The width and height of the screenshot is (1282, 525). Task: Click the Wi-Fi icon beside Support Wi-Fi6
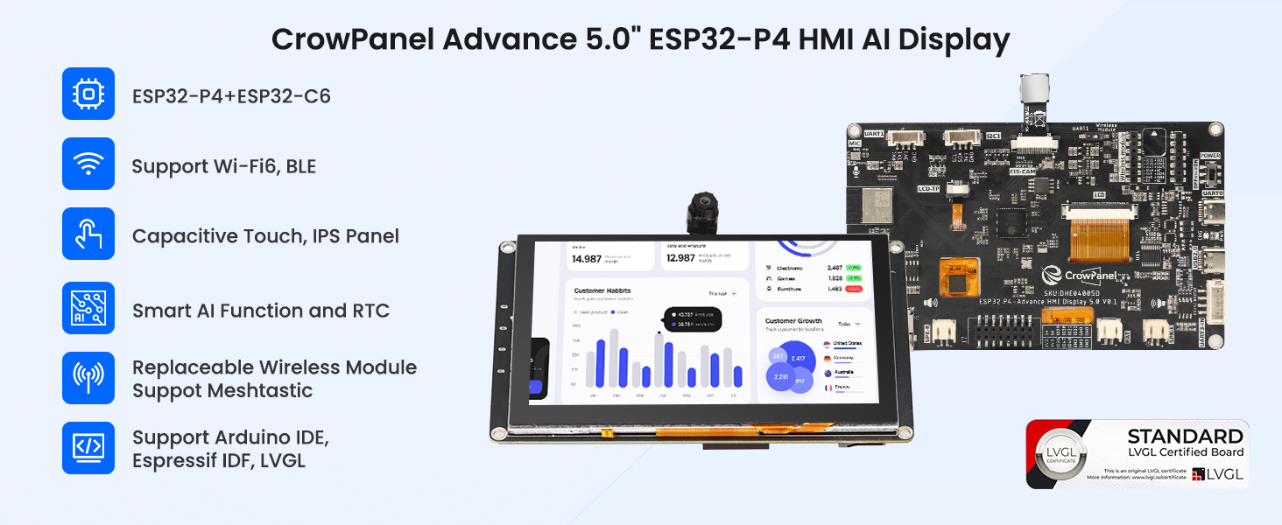(x=88, y=164)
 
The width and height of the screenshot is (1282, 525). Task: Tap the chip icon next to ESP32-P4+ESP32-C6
(x=88, y=94)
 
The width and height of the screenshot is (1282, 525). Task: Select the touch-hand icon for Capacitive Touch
(x=88, y=234)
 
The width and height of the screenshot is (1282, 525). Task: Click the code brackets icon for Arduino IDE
(x=88, y=448)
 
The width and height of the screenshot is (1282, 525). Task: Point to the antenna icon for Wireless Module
(x=88, y=378)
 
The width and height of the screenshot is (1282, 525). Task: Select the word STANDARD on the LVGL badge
(x=1184, y=437)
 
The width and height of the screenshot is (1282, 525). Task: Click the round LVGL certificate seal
(x=1063, y=453)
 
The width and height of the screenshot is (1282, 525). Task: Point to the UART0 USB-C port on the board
(x=1213, y=215)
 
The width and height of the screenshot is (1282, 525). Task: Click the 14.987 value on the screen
(x=587, y=258)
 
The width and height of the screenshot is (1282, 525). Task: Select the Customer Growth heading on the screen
(x=792, y=321)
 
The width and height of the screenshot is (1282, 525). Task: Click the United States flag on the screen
(x=827, y=343)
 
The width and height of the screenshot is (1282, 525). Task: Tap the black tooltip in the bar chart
(x=691, y=318)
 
